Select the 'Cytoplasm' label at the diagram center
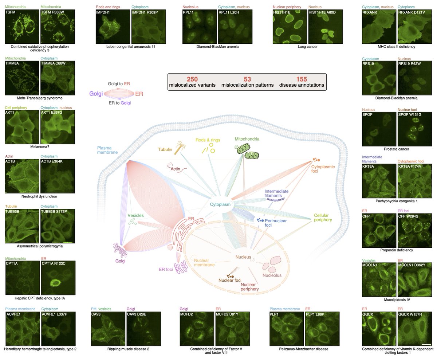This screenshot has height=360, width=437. click(x=220, y=205)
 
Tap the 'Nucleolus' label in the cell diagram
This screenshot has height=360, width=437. click(x=272, y=275)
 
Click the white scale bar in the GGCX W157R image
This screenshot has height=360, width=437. click(x=426, y=344)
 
